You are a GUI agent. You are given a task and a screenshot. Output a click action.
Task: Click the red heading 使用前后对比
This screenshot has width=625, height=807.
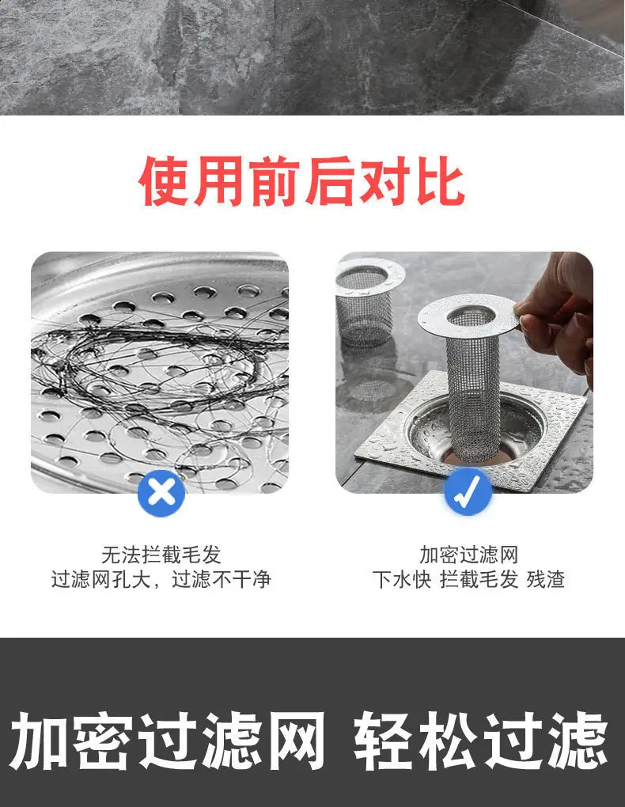tap(301, 181)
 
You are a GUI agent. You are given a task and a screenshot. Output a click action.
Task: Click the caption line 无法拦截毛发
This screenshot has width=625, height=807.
tap(161, 554)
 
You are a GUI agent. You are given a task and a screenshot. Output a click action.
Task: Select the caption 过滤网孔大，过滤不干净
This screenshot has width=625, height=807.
tap(161, 580)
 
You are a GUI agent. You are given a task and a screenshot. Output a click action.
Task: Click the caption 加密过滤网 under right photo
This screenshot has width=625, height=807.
tap(468, 554)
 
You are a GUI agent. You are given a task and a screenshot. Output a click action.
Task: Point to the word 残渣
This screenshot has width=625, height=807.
tap(546, 580)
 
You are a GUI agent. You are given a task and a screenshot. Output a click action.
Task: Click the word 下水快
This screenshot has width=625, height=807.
tap(402, 580)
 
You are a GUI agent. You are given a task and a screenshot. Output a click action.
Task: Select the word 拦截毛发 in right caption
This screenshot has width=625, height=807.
tap(479, 580)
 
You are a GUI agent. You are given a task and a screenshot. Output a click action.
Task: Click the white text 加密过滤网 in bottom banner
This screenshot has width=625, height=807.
tap(168, 741)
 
